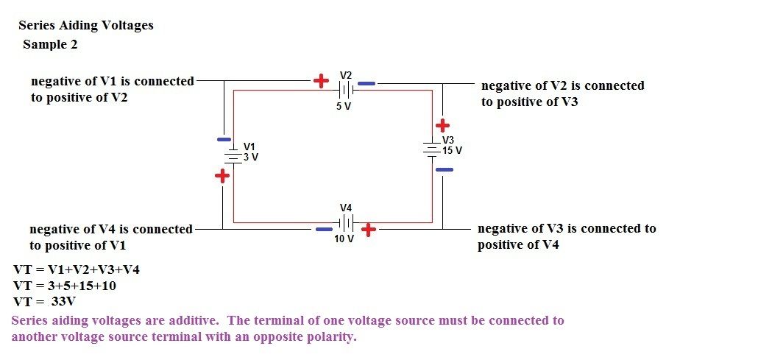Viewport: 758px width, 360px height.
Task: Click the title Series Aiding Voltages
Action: pyautogui.click(x=86, y=25)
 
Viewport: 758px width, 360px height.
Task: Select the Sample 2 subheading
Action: pyautogui.click(x=50, y=44)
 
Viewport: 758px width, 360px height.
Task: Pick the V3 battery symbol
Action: pyautogui.click(x=431, y=146)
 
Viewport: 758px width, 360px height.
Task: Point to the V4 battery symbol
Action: pyautogui.click(x=346, y=223)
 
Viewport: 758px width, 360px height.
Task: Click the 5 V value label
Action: pyautogui.click(x=344, y=106)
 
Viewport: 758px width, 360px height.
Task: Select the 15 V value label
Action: pyautogui.click(x=452, y=150)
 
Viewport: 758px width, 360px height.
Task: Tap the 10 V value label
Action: pyautogui.click(x=344, y=240)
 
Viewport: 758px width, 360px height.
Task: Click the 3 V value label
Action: pyautogui.click(x=251, y=157)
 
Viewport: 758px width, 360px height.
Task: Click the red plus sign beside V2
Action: pyautogui.click(x=321, y=81)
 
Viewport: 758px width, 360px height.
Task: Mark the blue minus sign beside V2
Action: pyautogui.click(x=366, y=84)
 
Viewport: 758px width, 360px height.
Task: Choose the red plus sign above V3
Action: pyautogui.click(x=442, y=126)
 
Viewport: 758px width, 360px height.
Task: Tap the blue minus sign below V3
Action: pyautogui.click(x=444, y=170)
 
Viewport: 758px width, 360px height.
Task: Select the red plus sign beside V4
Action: pyautogui.click(x=368, y=230)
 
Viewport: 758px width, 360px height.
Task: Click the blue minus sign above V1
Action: pyautogui.click(x=222, y=138)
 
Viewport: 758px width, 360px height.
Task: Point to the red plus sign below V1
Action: pyautogui.click(x=222, y=176)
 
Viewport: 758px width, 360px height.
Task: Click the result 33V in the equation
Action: pyautogui.click(x=63, y=302)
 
